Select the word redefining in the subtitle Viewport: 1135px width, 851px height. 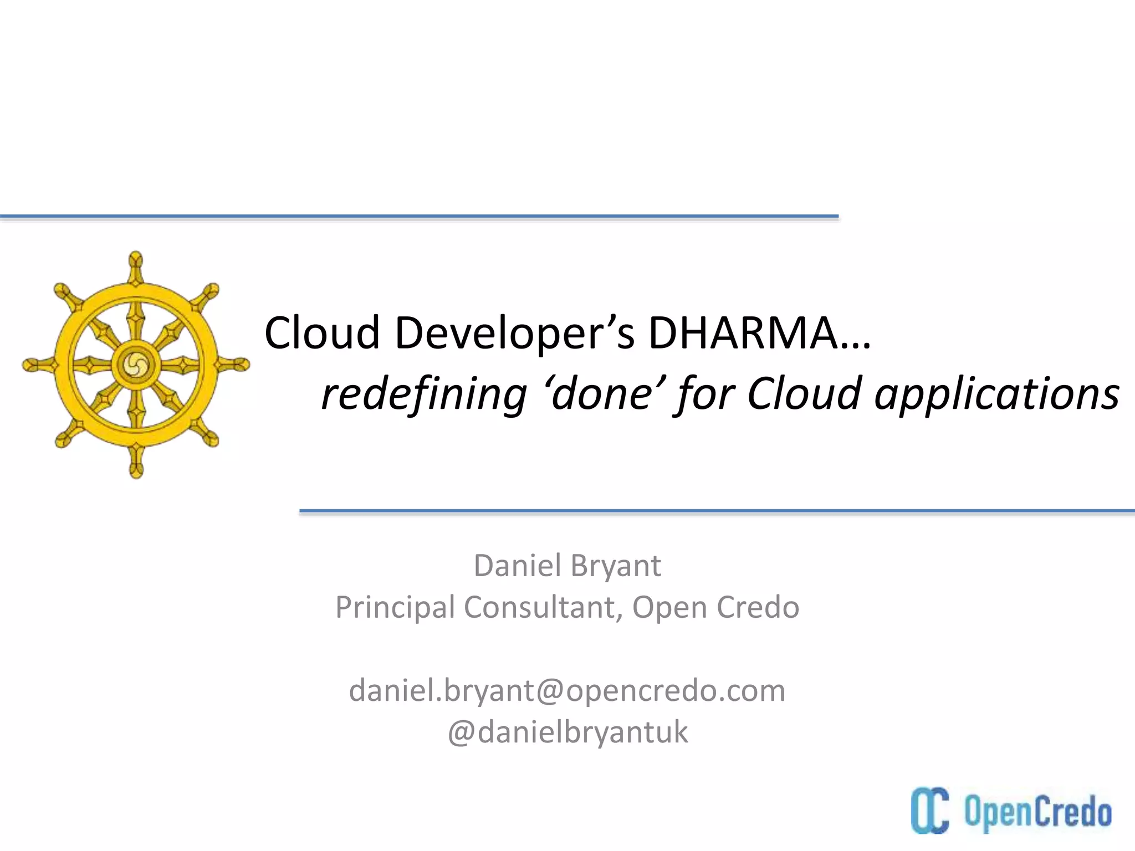click(x=424, y=394)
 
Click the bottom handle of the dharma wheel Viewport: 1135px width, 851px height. click(x=136, y=465)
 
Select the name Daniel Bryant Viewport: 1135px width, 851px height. click(x=567, y=566)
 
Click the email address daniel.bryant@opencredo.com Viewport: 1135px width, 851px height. click(x=567, y=691)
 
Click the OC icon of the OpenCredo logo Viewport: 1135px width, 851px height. click(x=929, y=810)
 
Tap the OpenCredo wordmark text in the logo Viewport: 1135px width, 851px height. click(x=1037, y=812)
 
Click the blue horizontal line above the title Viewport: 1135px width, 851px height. click(x=419, y=216)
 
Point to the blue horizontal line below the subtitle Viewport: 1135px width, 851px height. click(x=717, y=510)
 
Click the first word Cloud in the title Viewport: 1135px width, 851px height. click(x=322, y=333)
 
